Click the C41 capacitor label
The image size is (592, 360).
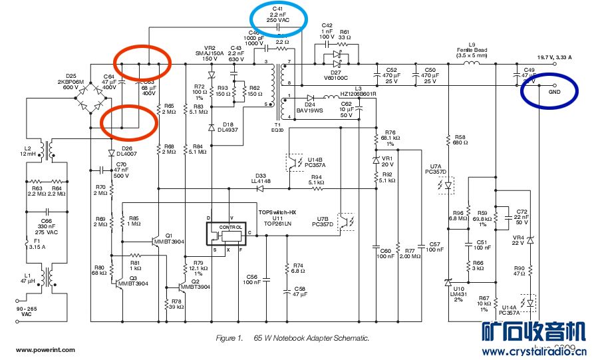coord(278,13)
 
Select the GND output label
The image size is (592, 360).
coord(554,92)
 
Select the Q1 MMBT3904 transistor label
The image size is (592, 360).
coord(169,238)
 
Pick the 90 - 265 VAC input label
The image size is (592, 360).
coord(27,311)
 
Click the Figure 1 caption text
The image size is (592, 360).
coord(293,338)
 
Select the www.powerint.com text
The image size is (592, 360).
coord(46,349)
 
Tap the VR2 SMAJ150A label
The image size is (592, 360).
coord(206,53)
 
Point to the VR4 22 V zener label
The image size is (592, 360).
coord(519,241)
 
